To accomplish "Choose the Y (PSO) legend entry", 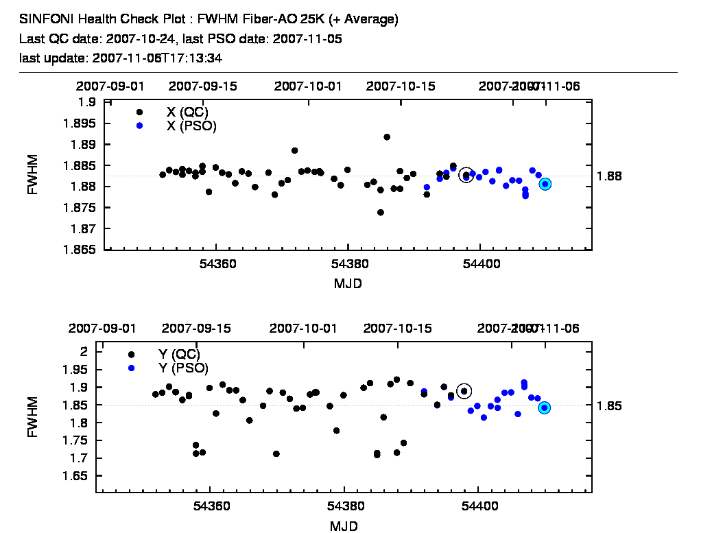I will pos(182,368).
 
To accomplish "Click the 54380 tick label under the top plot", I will pos(348,264).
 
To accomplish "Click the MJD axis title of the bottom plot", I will pos(344,526).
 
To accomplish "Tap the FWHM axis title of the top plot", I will pos(32,176).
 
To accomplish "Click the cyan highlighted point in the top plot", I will pos(545,184).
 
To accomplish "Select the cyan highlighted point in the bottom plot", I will pos(545,407).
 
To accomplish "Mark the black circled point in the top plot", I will pos(466,175).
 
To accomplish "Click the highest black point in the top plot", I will pos(387,137).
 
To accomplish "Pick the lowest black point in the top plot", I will pos(381,212).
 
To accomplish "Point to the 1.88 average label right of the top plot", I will pos(610,176).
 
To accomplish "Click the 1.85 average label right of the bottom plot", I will pos(610,405).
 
